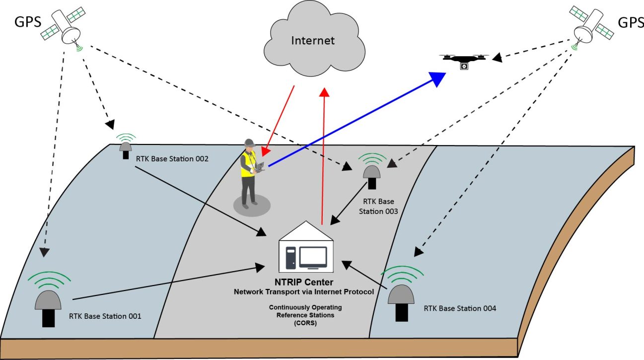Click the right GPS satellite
point(588,29)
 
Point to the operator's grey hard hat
point(249,144)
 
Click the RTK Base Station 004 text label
point(460,308)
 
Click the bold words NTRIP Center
point(304,283)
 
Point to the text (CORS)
point(305,322)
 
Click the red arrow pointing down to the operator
point(279,119)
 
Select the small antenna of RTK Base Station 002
point(126,147)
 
